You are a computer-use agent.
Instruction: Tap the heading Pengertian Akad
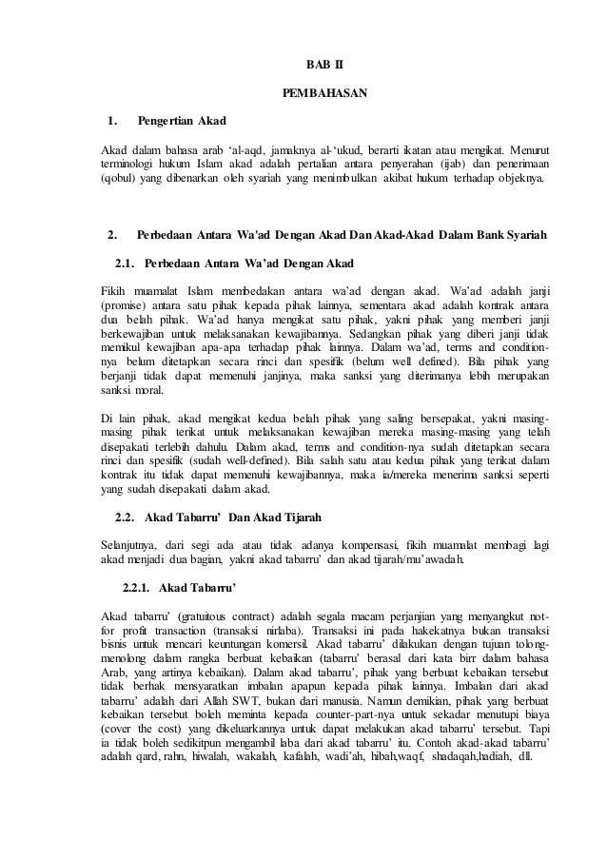click(182, 121)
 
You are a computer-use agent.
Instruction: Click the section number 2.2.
click(127, 517)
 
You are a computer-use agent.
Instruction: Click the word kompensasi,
click(373, 544)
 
